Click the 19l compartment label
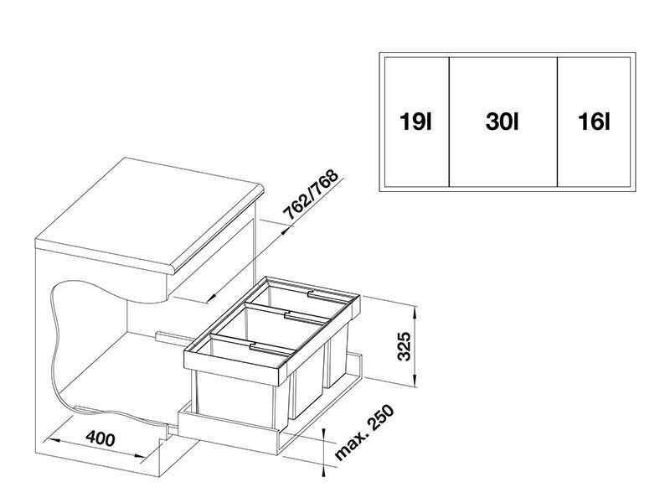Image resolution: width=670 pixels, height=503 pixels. coord(415,122)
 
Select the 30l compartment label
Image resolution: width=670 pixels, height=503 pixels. coord(502,122)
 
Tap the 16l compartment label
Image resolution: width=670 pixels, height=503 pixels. coord(595,122)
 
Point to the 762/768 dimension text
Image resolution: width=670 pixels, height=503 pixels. coord(311,194)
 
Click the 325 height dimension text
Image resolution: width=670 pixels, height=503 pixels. coord(404,346)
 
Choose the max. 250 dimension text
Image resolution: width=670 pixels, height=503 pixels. coord(363,433)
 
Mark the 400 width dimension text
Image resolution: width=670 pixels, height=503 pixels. coord(100,438)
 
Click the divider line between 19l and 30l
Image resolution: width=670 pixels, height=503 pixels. coord(449,122)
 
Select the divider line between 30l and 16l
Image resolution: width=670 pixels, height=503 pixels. coord(557,122)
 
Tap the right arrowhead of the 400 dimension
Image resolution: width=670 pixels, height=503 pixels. coord(141,456)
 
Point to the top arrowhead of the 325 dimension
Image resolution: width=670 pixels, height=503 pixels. coord(415,312)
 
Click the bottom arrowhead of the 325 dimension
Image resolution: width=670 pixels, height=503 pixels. coord(415,381)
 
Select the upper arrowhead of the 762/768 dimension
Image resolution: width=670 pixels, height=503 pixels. coord(285,231)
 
